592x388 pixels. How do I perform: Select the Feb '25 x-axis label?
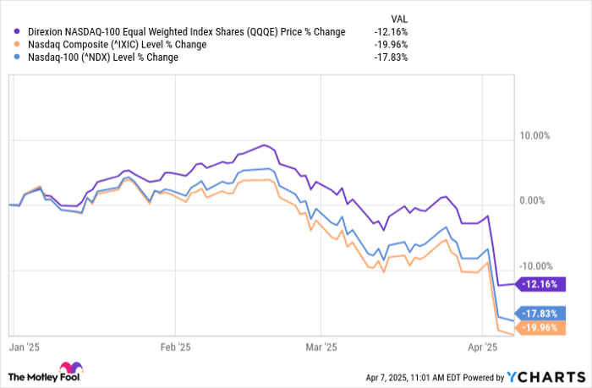(174, 347)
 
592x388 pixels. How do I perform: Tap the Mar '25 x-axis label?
(321, 347)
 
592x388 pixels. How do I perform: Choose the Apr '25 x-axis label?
(480, 347)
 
